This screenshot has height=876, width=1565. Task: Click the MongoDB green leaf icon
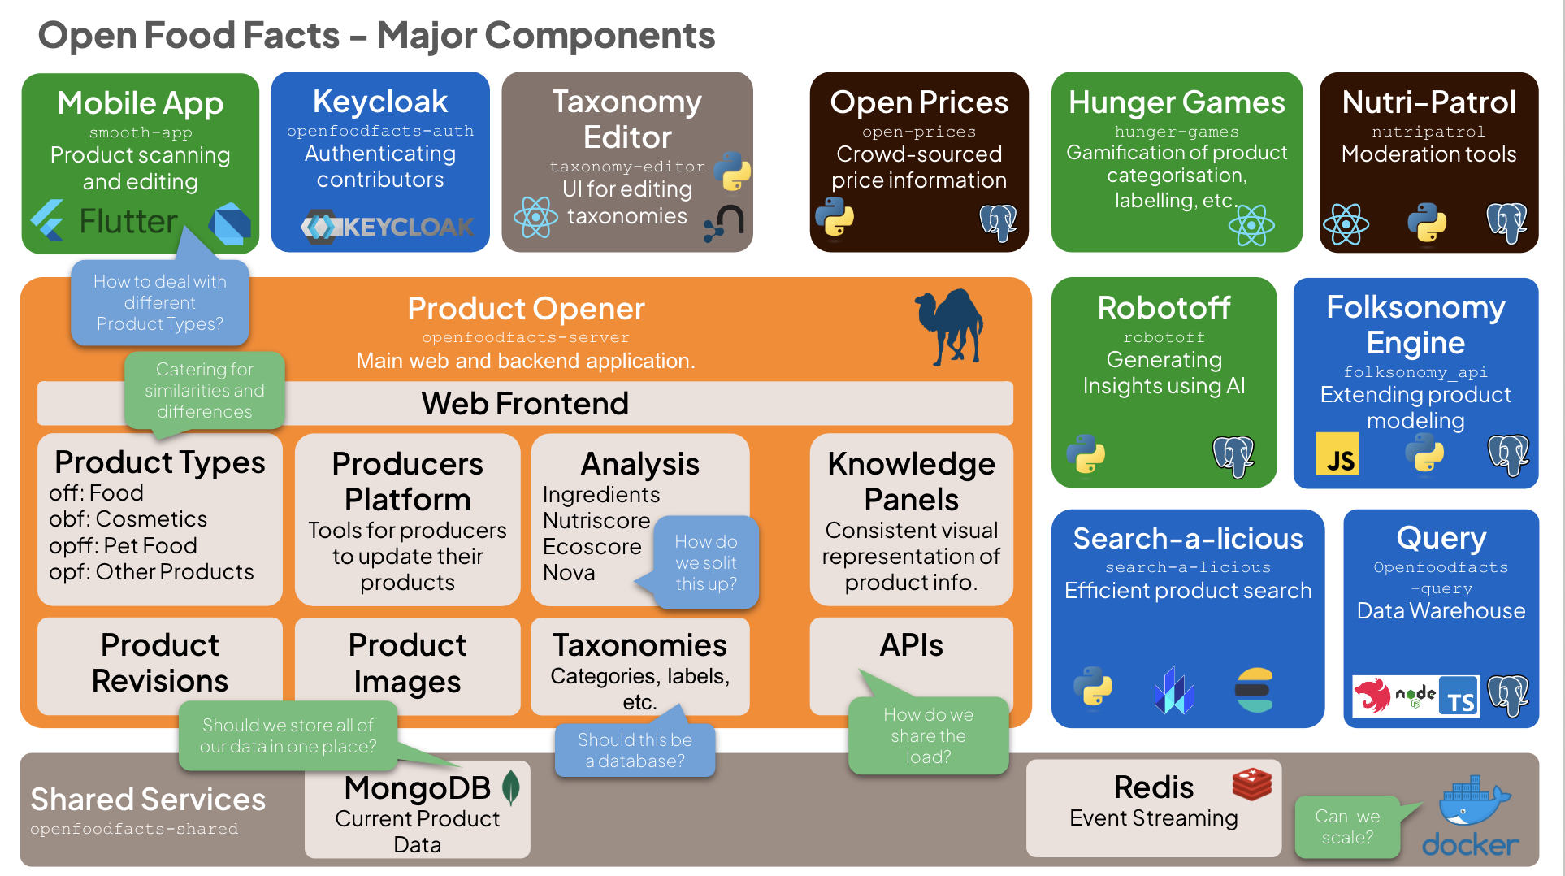pos(511,787)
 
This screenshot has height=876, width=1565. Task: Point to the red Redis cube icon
pos(1251,784)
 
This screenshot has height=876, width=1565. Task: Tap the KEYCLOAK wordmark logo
pos(388,227)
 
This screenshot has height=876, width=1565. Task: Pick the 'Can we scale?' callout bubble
pos(1347,826)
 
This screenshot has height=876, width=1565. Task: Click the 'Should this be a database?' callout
pos(635,750)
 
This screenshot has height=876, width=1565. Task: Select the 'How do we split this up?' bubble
pos(705,562)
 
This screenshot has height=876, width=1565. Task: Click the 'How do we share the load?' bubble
pos(928,735)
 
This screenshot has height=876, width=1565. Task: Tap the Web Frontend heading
pos(525,404)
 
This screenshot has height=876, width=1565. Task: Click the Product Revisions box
pos(160,663)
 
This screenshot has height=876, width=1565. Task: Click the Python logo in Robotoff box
pos(1086,453)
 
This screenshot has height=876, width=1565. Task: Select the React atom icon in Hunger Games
pos(1251,225)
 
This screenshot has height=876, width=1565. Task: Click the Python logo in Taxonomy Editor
pos(732,171)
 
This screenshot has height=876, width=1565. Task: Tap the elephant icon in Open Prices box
pos(998,220)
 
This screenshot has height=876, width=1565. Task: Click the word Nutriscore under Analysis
pos(596,520)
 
